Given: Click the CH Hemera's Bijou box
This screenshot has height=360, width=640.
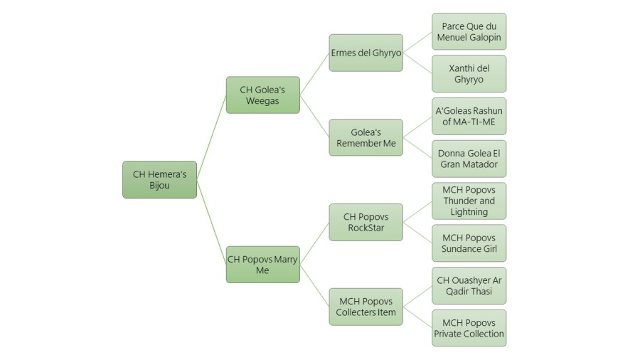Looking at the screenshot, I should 159,179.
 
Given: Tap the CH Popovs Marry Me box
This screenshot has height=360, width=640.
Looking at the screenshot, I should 262,264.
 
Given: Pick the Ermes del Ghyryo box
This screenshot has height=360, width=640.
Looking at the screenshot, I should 366,53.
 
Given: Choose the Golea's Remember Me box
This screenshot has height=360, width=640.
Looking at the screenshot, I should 366,137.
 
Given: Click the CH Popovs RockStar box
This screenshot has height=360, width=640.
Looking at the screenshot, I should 366,222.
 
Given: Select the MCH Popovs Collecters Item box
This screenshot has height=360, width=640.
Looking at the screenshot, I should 366,307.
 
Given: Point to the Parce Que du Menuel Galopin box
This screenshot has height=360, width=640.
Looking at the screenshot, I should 469,31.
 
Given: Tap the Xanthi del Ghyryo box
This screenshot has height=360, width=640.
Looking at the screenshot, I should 469,73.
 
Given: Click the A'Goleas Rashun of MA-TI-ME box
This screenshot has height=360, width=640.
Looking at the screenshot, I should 469,116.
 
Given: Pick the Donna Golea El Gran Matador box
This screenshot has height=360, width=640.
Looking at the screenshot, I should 469,159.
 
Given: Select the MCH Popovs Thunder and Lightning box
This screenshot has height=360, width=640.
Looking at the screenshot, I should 469,201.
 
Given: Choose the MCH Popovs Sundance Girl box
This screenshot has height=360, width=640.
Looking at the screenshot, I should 469,243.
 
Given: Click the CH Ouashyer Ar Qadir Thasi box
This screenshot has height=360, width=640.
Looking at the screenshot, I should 469,285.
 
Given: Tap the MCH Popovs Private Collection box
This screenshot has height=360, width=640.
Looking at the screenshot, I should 469,328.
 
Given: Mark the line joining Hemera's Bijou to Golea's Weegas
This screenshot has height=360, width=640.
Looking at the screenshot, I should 211,137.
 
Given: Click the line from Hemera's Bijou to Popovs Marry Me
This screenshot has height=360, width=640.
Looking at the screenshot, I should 211,221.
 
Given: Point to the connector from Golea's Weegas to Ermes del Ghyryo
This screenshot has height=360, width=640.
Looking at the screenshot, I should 314,74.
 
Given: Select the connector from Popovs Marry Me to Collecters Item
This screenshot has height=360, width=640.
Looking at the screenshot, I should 314,285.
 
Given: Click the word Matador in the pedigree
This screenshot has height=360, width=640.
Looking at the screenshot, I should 480,165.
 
